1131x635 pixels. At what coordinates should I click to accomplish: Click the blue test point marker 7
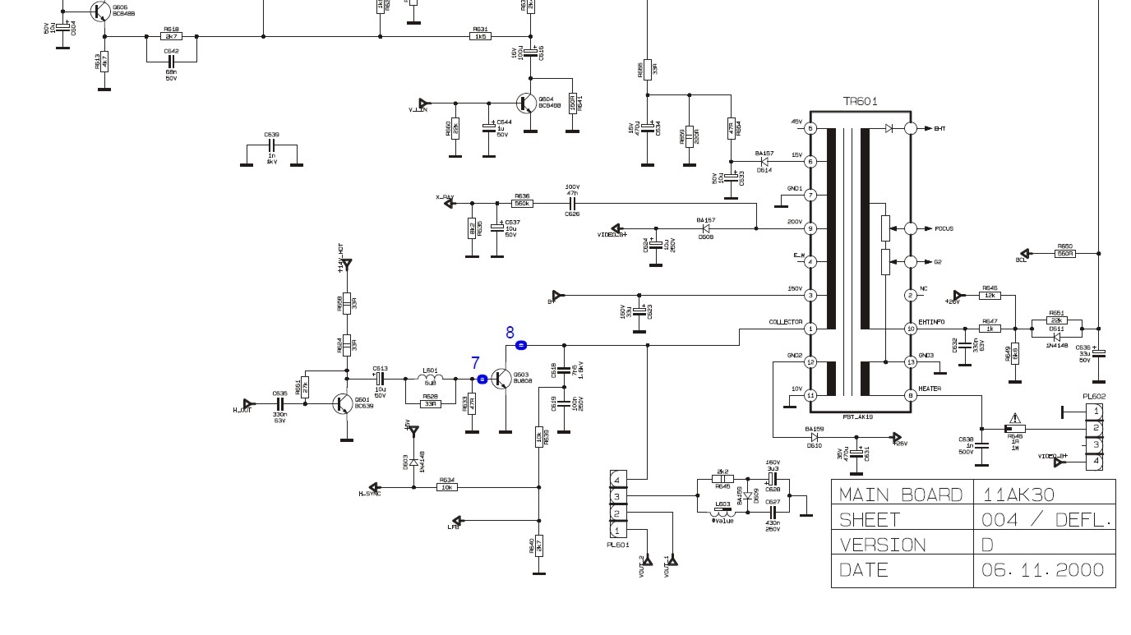coord(482,379)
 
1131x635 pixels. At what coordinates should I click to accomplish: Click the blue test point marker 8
coord(521,346)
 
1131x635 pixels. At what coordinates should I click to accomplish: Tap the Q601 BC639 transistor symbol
coord(343,403)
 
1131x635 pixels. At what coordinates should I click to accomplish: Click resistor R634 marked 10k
coord(447,487)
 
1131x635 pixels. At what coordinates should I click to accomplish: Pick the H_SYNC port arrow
coord(375,487)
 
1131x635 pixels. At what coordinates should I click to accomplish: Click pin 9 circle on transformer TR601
coord(810,228)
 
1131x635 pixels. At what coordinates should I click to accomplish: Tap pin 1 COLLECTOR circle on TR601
coord(810,329)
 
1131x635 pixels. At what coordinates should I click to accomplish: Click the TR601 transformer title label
coord(860,102)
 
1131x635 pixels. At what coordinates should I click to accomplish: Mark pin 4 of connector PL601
coord(616,479)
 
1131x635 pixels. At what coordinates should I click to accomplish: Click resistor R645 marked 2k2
coord(722,479)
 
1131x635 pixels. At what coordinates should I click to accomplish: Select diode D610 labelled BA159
coord(814,437)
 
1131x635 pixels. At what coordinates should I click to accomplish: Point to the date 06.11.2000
coord(1044,570)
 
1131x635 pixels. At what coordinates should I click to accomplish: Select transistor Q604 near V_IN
coord(525,103)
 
